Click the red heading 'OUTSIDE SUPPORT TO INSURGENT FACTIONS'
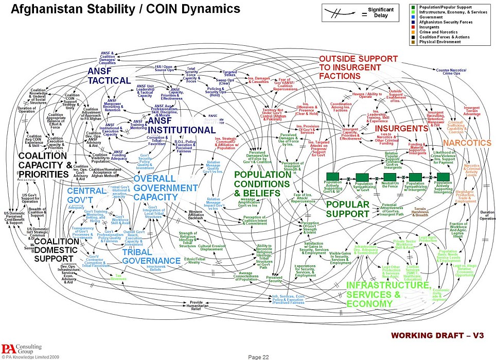[358, 66]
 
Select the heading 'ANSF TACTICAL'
[109, 75]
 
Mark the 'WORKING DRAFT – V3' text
[437, 335]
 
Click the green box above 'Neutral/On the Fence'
[390, 177]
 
